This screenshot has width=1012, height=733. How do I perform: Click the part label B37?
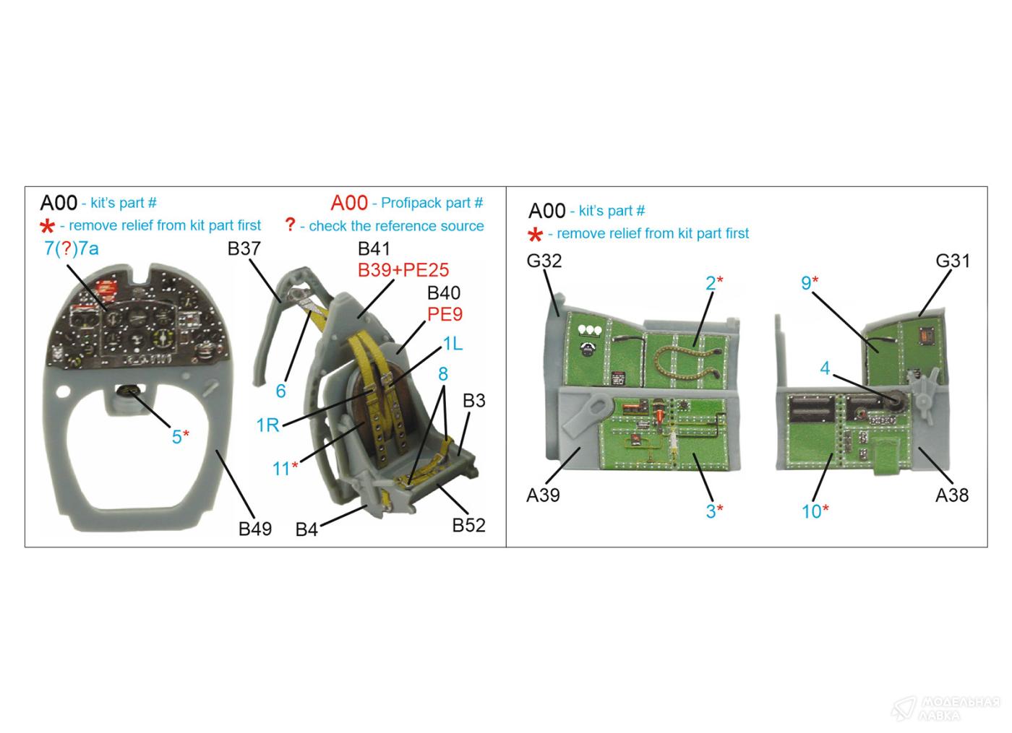[x=244, y=249]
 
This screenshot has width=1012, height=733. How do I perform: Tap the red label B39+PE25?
[x=403, y=270]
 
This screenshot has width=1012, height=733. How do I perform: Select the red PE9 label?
[x=445, y=314]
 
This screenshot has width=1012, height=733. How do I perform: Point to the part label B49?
[x=255, y=529]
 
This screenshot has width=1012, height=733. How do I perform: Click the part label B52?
[x=468, y=525]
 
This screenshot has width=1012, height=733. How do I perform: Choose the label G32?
[x=544, y=261]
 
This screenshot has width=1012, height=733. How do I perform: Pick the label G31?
[x=952, y=261]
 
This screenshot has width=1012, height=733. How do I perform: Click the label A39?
[x=543, y=495]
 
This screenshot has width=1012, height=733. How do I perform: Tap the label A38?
[x=951, y=495]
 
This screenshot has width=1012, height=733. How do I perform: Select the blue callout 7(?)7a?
[x=71, y=249]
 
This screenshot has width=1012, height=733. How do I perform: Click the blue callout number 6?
[x=280, y=391]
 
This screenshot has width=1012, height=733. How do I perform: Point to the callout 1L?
[x=452, y=344]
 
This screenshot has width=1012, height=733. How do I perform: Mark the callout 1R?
[x=267, y=425]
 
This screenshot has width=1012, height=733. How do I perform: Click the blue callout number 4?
[x=825, y=368]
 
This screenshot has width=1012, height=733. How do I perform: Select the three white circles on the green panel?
[x=589, y=330]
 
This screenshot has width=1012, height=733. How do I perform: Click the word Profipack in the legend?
[x=413, y=203]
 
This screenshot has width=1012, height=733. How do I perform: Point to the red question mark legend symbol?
[x=290, y=225]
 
